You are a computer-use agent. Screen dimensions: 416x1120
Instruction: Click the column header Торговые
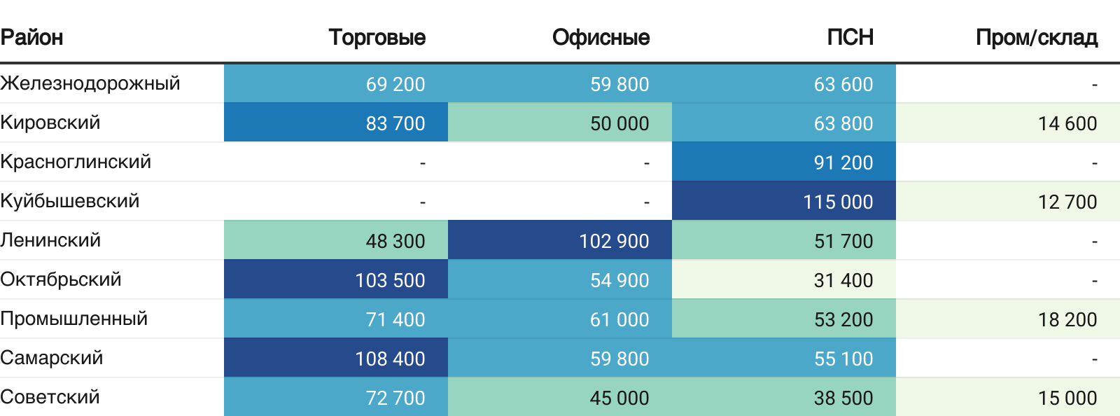[377, 37]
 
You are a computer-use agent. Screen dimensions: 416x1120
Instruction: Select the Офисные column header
[601, 37]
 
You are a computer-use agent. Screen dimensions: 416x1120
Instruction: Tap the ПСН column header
[850, 37]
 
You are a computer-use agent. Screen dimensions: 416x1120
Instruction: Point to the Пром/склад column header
[1036, 37]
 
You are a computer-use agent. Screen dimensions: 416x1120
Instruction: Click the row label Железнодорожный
[90, 83]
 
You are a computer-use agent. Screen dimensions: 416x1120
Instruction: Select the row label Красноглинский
[76, 162]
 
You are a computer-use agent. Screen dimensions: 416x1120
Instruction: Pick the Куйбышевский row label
[70, 201]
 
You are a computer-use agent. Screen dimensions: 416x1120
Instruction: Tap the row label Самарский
[52, 358]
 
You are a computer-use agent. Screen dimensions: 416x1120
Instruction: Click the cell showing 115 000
[837, 202]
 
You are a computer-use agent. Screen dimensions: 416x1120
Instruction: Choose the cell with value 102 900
[613, 241]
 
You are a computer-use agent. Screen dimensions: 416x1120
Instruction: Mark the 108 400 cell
[389, 359]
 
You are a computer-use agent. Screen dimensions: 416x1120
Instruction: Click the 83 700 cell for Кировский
[395, 123]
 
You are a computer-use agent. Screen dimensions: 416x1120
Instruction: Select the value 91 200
[843, 162]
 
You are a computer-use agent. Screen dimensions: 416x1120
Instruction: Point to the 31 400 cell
[843, 280]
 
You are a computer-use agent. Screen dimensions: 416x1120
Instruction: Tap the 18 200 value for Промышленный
[1067, 319]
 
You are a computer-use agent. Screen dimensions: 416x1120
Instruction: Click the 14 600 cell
[1067, 123]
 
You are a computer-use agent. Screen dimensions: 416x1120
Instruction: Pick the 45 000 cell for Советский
[619, 398]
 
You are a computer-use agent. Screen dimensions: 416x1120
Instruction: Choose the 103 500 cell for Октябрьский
[389, 280]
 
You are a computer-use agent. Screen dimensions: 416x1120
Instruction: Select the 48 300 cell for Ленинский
[395, 241]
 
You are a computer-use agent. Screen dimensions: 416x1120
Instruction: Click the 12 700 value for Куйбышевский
[1067, 202]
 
